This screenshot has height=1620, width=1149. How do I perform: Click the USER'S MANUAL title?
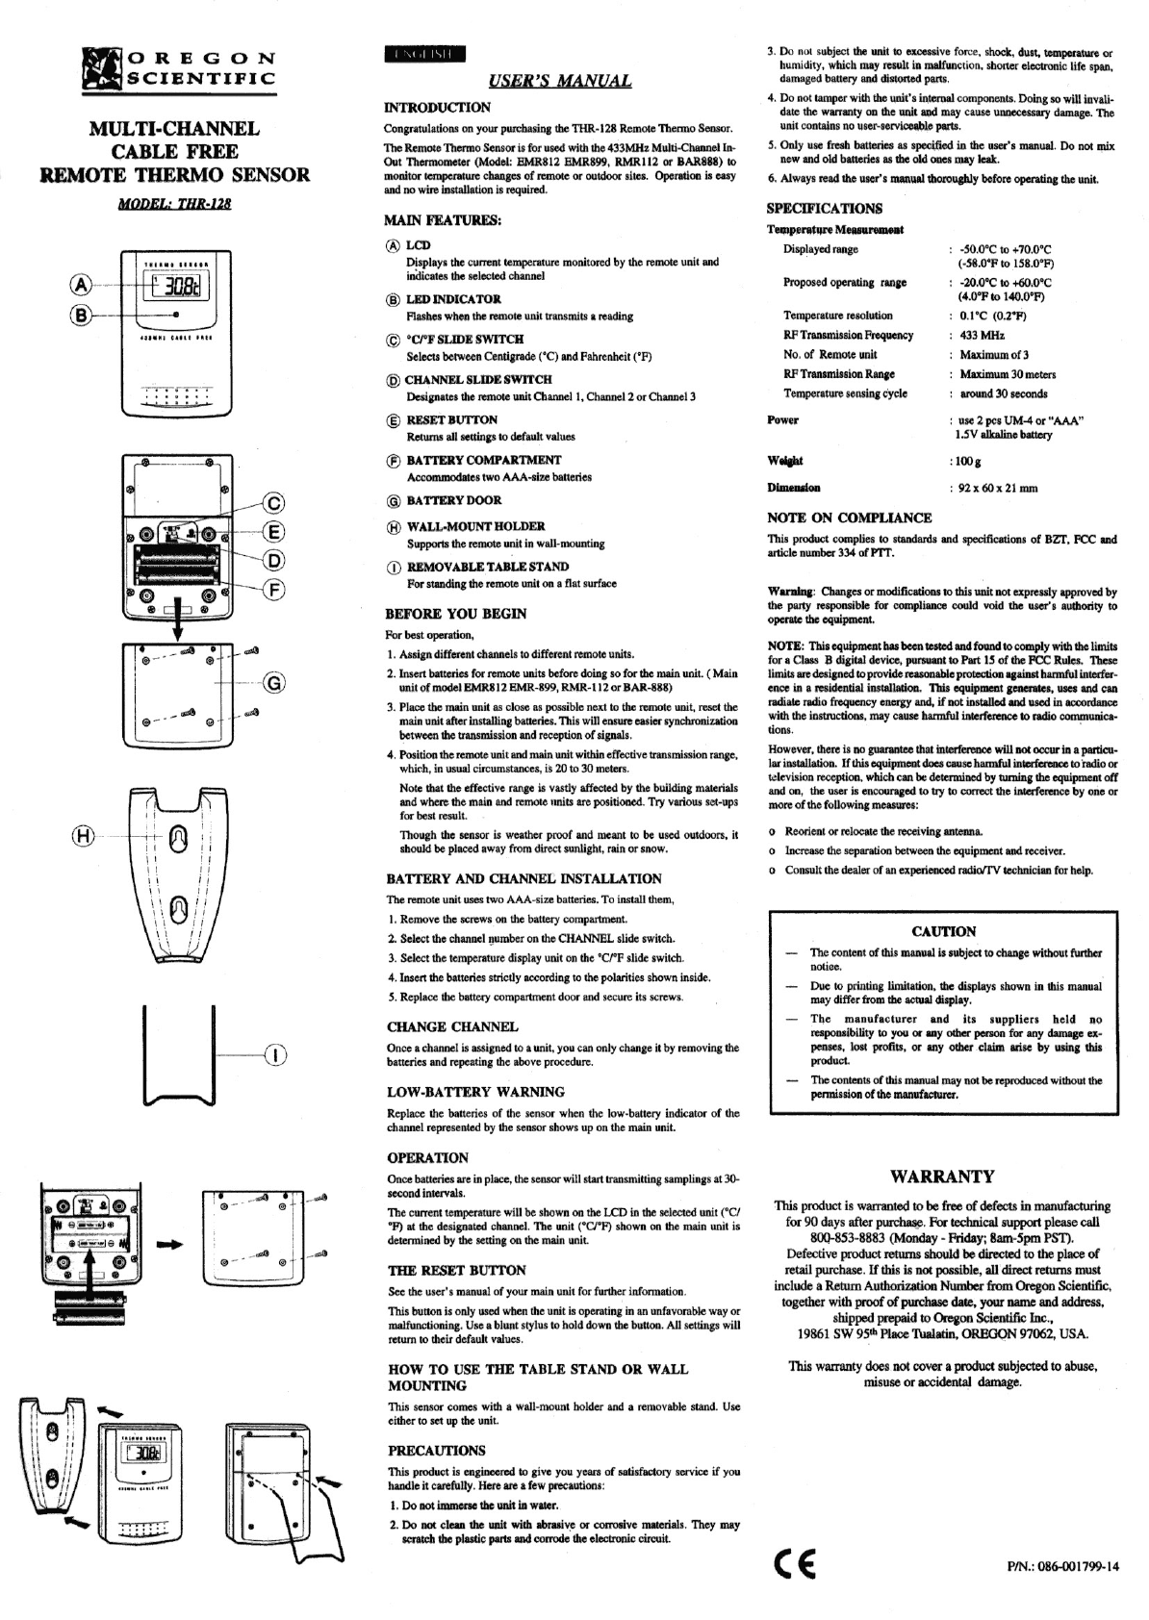(560, 81)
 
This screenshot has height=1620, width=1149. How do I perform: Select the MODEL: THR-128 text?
(174, 204)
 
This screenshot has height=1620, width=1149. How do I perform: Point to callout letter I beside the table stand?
(275, 1057)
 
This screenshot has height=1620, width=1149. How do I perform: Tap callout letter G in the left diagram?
(274, 684)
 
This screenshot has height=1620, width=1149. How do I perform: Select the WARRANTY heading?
(942, 1176)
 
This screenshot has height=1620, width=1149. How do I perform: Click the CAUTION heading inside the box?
(943, 931)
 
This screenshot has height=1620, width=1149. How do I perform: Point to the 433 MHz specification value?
(982, 335)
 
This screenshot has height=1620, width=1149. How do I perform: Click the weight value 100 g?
(965, 461)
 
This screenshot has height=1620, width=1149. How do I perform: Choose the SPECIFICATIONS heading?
(824, 208)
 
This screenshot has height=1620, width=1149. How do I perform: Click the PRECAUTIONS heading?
(436, 1451)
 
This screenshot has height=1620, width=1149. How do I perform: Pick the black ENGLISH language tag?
(423, 53)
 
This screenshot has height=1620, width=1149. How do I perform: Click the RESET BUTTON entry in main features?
(451, 419)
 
